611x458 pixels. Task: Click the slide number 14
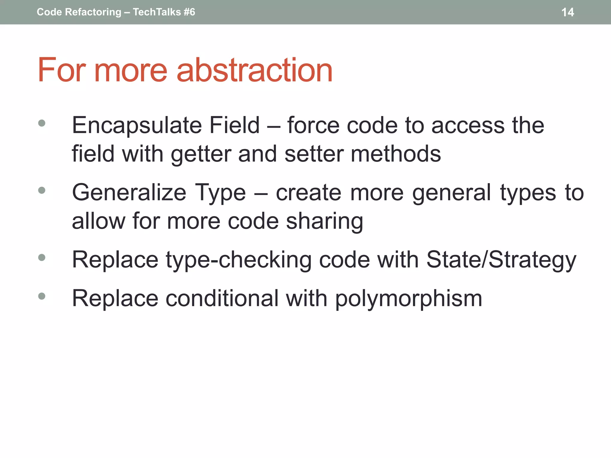[x=567, y=12]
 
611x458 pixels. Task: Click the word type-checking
[x=238, y=260]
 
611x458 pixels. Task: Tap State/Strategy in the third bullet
[x=501, y=260]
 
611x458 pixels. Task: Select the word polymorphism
[x=408, y=298]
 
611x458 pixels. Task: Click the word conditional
[x=222, y=298]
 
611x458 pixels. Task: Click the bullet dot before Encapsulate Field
[x=42, y=123]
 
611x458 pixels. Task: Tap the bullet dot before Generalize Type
[x=42, y=190]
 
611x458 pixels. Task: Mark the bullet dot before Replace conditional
[x=42, y=296]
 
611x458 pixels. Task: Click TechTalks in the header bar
[x=157, y=12]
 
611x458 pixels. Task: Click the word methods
[x=396, y=154]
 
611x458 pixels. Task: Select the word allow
[x=98, y=222]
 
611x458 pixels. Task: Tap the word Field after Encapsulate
[x=234, y=126]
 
